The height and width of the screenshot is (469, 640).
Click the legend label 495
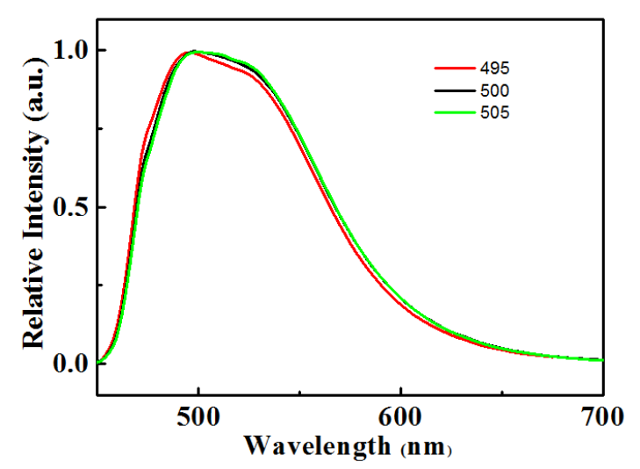pyautogui.click(x=494, y=69)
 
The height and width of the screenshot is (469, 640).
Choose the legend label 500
pyautogui.click(x=494, y=90)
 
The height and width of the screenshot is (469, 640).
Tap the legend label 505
pyautogui.click(x=494, y=112)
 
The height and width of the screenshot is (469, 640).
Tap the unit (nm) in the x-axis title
pyautogui.click(x=425, y=448)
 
